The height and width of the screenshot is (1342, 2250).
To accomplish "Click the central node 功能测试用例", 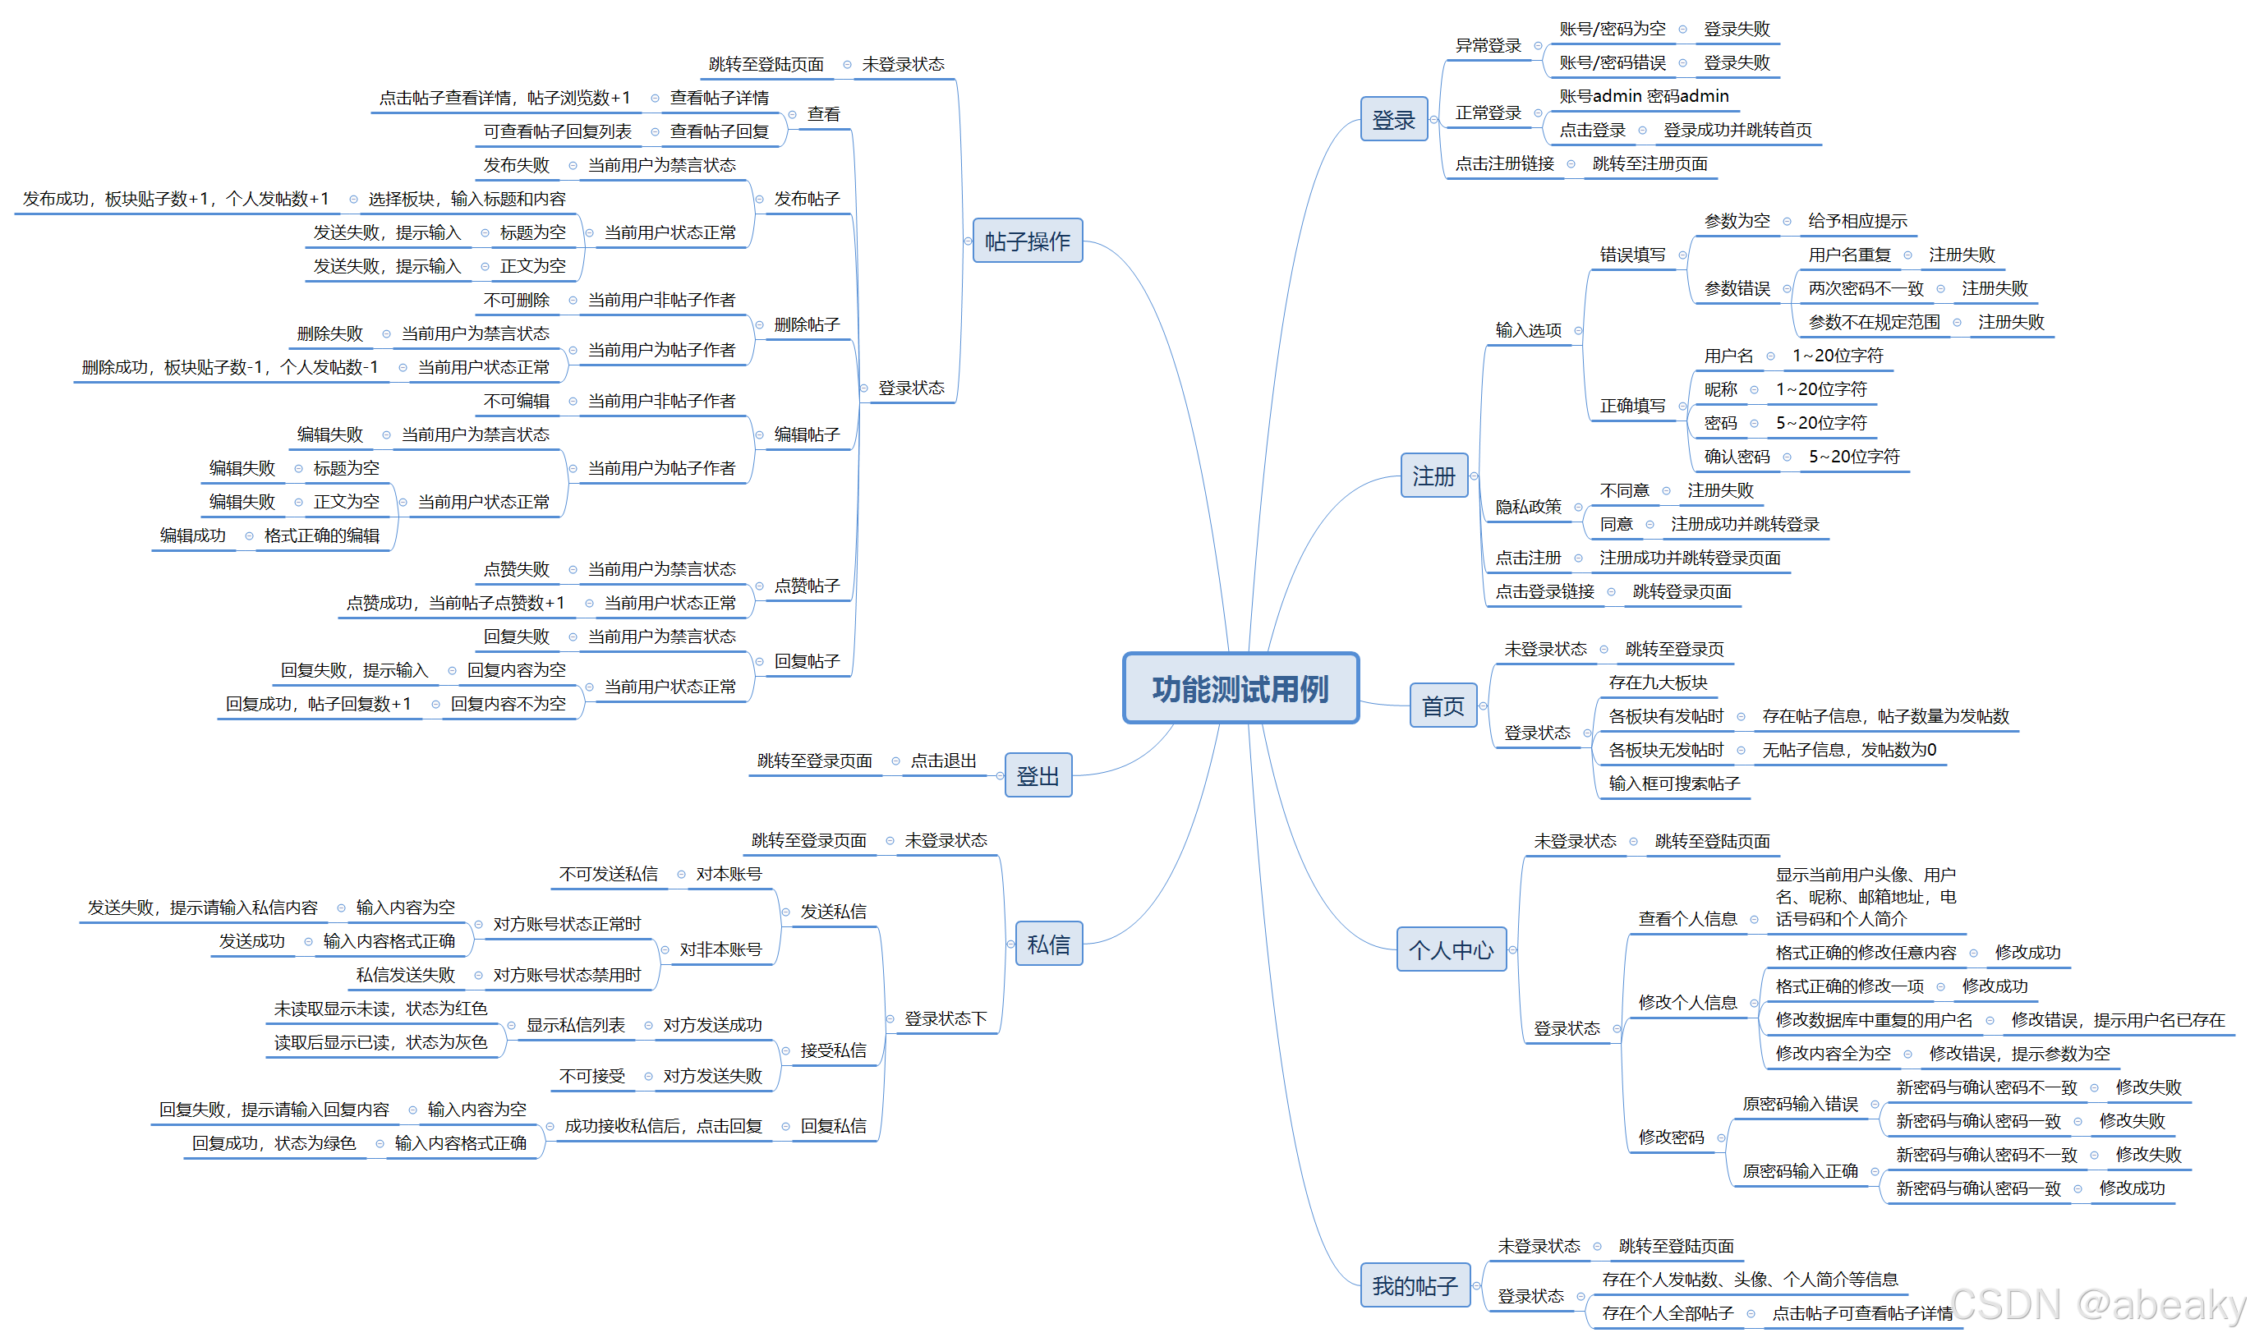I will [x=1240, y=688].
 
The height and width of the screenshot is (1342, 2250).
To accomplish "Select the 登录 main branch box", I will [x=1392, y=119].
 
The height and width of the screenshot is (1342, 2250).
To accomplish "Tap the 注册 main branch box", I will [x=1433, y=476].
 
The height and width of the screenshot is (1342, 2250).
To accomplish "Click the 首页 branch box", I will [x=1442, y=705].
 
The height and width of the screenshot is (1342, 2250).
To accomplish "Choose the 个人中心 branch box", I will [x=1451, y=949].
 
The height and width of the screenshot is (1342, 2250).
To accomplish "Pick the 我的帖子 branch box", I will [x=1415, y=1285].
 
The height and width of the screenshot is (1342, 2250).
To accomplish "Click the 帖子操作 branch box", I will [x=1027, y=241].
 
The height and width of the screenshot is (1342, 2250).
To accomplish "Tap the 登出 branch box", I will [x=1038, y=776].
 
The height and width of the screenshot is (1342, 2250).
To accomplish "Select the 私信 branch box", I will [x=1048, y=944].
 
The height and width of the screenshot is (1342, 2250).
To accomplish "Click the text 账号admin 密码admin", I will [x=1643, y=96].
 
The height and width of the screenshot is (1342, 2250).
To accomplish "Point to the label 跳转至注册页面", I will [x=1650, y=163].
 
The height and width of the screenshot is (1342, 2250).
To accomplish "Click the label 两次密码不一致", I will [x=1865, y=288].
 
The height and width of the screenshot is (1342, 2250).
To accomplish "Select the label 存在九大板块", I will [x=1657, y=682].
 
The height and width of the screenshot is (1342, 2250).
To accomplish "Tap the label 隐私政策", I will [x=1527, y=507].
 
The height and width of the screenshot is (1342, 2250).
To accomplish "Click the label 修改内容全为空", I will [x=1832, y=1054].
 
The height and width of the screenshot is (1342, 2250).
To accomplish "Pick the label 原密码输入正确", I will [x=1800, y=1171].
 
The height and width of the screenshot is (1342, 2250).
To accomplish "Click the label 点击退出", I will [x=942, y=761].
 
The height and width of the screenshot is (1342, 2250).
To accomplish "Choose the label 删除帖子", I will [x=807, y=324].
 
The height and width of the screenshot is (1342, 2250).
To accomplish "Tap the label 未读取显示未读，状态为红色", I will [x=380, y=1009].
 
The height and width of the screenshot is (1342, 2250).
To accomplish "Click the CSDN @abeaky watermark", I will [x=2098, y=1305].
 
